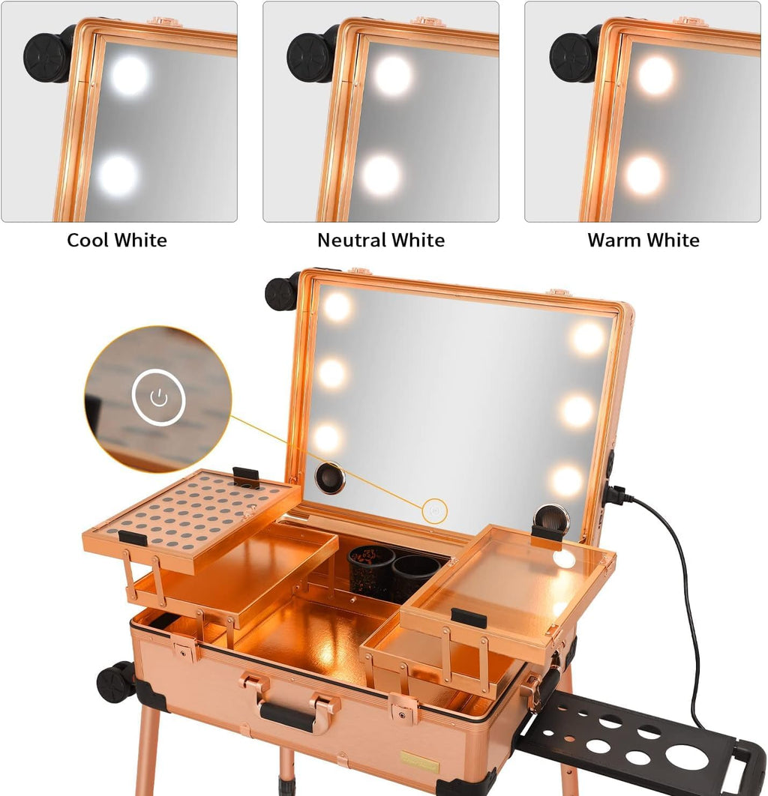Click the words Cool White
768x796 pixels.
tap(117, 241)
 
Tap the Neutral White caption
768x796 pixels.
tap(381, 241)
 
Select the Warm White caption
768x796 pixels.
tap(643, 241)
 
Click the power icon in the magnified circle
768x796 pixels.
tap(158, 398)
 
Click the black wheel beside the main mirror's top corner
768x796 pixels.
tap(283, 293)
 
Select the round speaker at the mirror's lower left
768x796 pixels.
tap(330, 477)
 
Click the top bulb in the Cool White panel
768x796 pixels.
tap(130, 75)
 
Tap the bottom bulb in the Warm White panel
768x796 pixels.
tap(644, 175)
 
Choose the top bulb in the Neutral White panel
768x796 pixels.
tap(393, 76)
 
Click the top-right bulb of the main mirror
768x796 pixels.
tap(588, 338)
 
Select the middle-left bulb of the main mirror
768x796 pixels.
tap(331, 373)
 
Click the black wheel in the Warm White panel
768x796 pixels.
tap(573, 55)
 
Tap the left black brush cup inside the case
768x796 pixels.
tap(370, 570)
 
